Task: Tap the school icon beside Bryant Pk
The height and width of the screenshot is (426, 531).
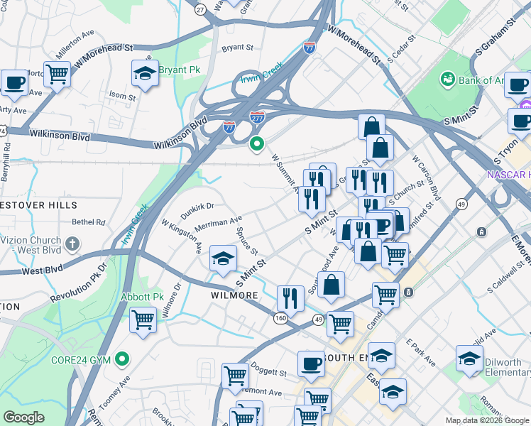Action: click(145, 73)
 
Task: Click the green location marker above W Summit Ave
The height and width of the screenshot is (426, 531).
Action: click(257, 143)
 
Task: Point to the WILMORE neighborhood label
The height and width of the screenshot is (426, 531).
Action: click(234, 295)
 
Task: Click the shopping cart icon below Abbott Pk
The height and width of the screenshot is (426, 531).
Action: click(143, 320)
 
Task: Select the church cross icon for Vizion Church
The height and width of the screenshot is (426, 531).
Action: click(71, 244)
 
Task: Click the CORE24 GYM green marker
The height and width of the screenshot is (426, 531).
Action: click(124, 360)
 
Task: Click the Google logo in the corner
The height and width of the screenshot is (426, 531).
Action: click(23, 417)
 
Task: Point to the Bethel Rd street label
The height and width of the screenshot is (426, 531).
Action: click(88, 222)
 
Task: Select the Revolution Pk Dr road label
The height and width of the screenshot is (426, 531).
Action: click(81, 278)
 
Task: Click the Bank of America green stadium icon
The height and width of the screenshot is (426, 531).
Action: click(448, 78)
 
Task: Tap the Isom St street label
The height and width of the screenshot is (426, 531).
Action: click(122, 96)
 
